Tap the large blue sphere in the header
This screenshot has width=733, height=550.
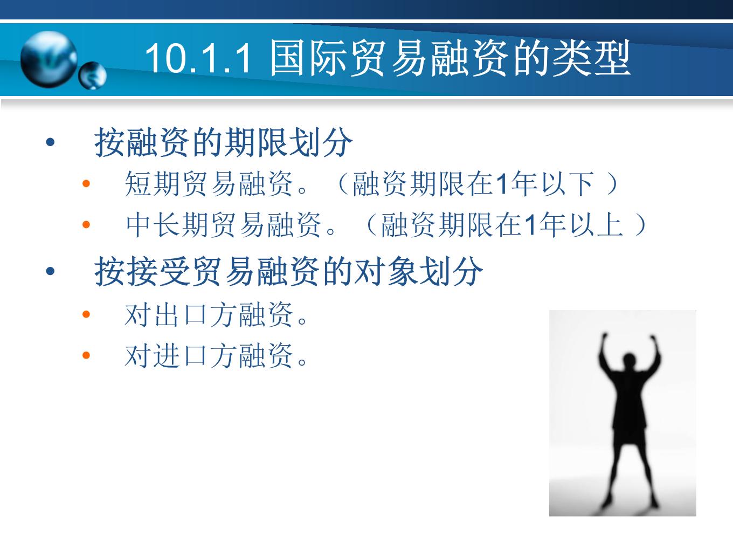[49, 59]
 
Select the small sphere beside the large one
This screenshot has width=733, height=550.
[93, 75]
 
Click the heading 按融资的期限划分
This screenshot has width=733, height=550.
[223, 142]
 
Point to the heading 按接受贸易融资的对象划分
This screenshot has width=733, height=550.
[288, 271]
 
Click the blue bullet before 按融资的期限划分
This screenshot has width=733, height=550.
[50, 142]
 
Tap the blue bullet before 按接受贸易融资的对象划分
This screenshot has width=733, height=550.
[50, 271]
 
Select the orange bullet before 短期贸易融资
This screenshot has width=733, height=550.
[86, 183]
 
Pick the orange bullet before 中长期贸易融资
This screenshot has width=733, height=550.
[86, 224]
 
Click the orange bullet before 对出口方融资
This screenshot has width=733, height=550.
[86, 314]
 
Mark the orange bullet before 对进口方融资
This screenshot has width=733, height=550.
[86, 355]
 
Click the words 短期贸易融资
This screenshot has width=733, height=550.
[209, 184]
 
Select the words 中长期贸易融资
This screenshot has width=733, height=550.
[224, 225]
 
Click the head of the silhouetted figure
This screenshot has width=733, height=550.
[629, 361]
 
